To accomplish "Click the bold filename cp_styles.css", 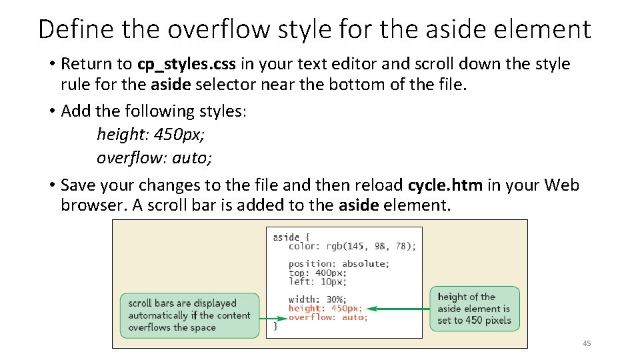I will click(186, 64).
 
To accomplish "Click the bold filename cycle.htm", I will click(445, 185).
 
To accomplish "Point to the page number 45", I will click(586, 343).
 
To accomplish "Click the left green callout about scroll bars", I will click(188, 315).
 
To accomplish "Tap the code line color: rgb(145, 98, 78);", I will click(352, 246).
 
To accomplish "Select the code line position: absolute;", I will click(339, 263).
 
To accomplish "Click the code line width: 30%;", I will click(317, 299).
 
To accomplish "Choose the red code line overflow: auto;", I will click(327, 317).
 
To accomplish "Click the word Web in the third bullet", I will click(561, 185).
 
